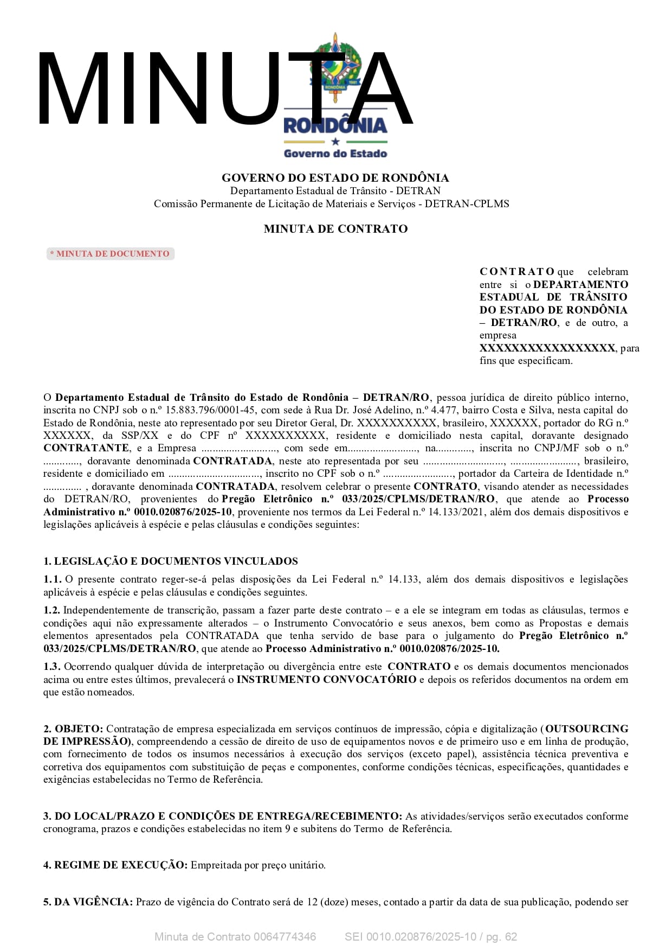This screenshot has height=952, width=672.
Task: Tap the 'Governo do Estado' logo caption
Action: [x=335, y=154]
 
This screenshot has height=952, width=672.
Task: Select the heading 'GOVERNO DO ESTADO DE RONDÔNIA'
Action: [x=335, y=178]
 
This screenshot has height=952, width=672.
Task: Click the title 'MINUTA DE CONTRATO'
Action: [x=335, y=229]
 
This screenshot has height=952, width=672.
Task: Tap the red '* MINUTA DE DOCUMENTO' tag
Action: [x=111, y=254]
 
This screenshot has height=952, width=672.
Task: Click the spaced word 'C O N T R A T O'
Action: [x=516, y=272]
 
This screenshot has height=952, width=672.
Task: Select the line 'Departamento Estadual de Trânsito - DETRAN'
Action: [x=335, y=191]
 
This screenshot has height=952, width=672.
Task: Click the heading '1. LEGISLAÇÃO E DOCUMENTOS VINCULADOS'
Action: [x=171, y=561]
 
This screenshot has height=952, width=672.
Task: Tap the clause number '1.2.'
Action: [x=52, y=611]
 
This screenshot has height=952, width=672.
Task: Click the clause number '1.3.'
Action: [x=52, y=667]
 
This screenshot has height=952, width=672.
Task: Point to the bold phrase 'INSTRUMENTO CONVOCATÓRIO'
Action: [x=326, y=680]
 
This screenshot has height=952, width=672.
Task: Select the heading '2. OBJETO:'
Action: [x=73, y=729]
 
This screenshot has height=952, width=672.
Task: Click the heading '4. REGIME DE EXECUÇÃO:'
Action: [x=115, y=865]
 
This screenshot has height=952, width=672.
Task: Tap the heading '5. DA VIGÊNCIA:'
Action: [x=88, y=902]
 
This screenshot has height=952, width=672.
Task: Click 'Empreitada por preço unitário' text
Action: [x=258, y=865]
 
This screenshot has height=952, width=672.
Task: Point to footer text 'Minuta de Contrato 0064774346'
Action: [x=235, y=937]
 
